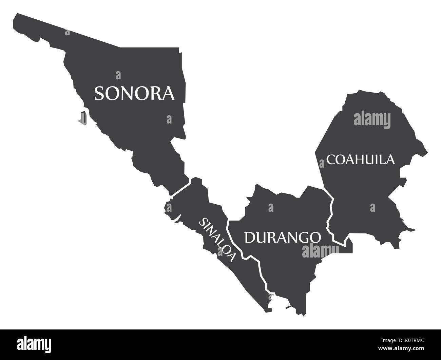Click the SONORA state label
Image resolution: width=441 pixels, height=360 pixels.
coord(134,93)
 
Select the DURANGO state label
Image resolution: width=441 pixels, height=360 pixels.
coord(282,237)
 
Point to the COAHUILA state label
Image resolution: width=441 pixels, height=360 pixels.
coord(361,159)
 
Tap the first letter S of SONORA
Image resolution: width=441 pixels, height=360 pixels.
coord(99,93)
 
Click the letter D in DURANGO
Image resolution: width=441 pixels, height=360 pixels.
coord(249,238)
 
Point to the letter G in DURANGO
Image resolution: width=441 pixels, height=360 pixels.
coord(302,238)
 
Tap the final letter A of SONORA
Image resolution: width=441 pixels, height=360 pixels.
coord(168,93)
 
